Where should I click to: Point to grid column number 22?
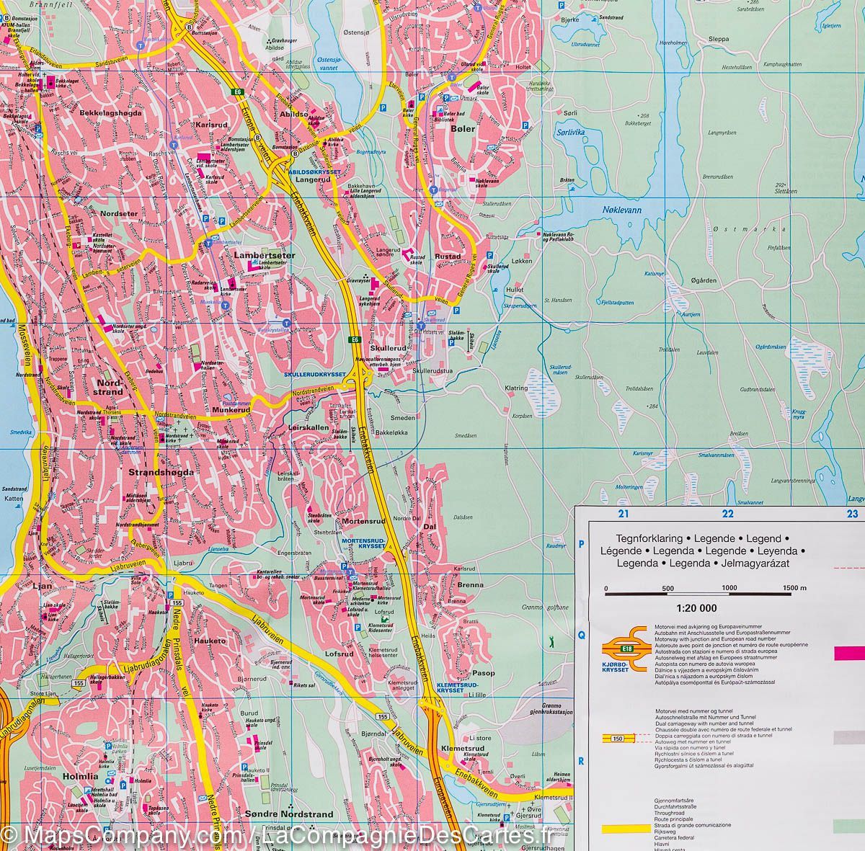tap(727, 514)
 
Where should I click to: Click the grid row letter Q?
tap(582, 635)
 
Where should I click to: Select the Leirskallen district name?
tap(309, 427)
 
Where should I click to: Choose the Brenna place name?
tap(470, 584)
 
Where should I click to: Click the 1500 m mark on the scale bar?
tap(793, 589)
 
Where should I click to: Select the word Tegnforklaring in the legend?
tap(644, 538)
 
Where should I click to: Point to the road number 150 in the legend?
tap(616, 736)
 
